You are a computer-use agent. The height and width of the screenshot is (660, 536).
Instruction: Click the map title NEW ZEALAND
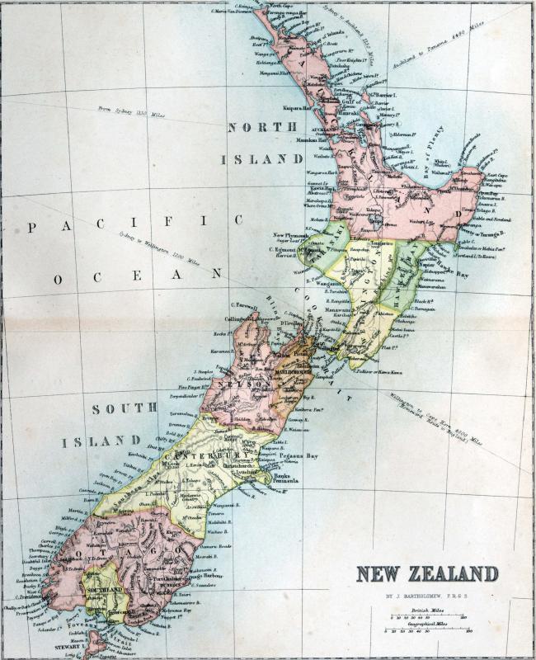point(427,573)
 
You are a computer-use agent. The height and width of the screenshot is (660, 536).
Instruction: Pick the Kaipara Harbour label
point(296,107)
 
